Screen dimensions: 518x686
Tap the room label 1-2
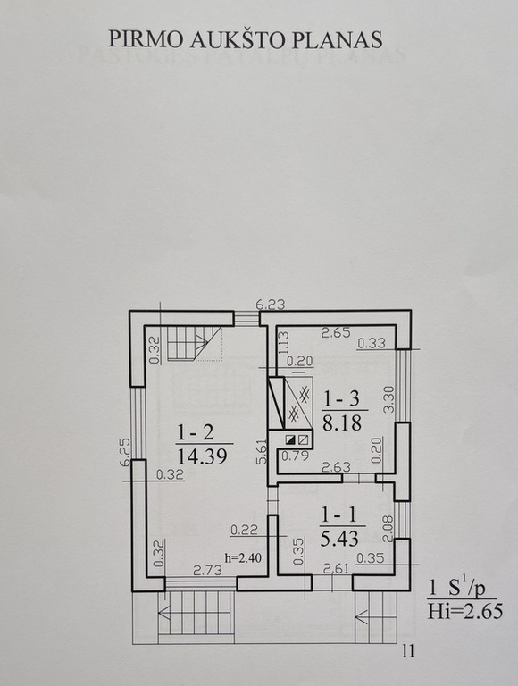[x=195, y=432]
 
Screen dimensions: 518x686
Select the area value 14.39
[x=202, y=456]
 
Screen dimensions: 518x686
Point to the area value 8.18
[x=342, y=423]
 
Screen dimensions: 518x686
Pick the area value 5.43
[x=340, y=539]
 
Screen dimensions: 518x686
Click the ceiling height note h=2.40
[x=243, y=557]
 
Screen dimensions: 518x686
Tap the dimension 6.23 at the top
[x=271, y=304]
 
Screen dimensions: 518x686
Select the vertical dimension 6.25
[x=125, y=452]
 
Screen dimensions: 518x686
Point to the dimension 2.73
[x=208, y=570]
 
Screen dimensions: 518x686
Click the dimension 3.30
[x=388, y=399]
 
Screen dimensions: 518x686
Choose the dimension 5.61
[x=261, y=451]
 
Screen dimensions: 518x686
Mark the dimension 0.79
[x=296, y=456]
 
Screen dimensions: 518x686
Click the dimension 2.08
[x=388, y=529]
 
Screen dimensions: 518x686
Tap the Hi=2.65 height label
[x=465, y=611]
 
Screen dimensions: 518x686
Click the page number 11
[x=408, y=651]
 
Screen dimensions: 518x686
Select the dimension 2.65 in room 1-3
[x=336, y=333]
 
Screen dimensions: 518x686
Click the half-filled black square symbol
[x=290, y=439]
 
